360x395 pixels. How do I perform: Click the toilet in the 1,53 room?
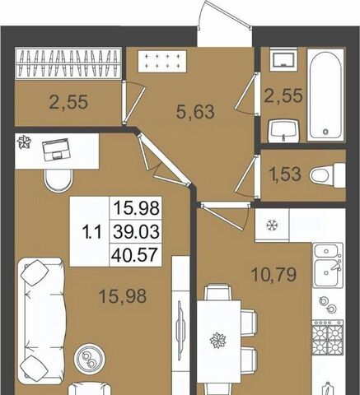pyautogui.click(x=327, y=175)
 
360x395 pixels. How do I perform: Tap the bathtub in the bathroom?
pyautogui.click(x=325, y=95)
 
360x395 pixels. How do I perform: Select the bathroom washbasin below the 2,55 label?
pyautogui.click(x=283, y=131)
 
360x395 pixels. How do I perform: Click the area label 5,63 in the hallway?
pyautogui.click(x=195, y=113)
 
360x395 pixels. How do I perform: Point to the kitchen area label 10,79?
pyautogui.click(x=274, y=275)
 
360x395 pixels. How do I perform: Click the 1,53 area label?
pyautogui.click(x=285, y=174)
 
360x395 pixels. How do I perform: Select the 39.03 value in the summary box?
pyautogui.click(x=137, y=231)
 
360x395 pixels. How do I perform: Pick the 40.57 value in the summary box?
pyautogui.click(x=134, y=254)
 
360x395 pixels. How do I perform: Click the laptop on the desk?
pyautogui.click(x=57, y=150)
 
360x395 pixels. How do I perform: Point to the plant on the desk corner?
pyautogui.click(x=24, y=143)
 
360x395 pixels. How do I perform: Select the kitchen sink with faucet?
pyautogui.click(x=328, y=265)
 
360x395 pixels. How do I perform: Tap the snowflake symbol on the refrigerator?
pyautogui.click(x=272, y=225)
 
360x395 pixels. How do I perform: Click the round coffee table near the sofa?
pyautogui.click(x=89, y=358)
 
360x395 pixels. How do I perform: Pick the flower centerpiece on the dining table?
pyautogui.click(x=217, y=340)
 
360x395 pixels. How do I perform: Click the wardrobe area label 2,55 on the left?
pyautogui.click(x=68, y=102)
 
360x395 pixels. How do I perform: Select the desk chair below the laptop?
pyautogui.click(x=58, y=179)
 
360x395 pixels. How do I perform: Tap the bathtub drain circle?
pyautogui.click(x=325, y=132)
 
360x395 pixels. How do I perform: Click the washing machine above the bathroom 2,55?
pyautogui.click(x=283, y=59)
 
